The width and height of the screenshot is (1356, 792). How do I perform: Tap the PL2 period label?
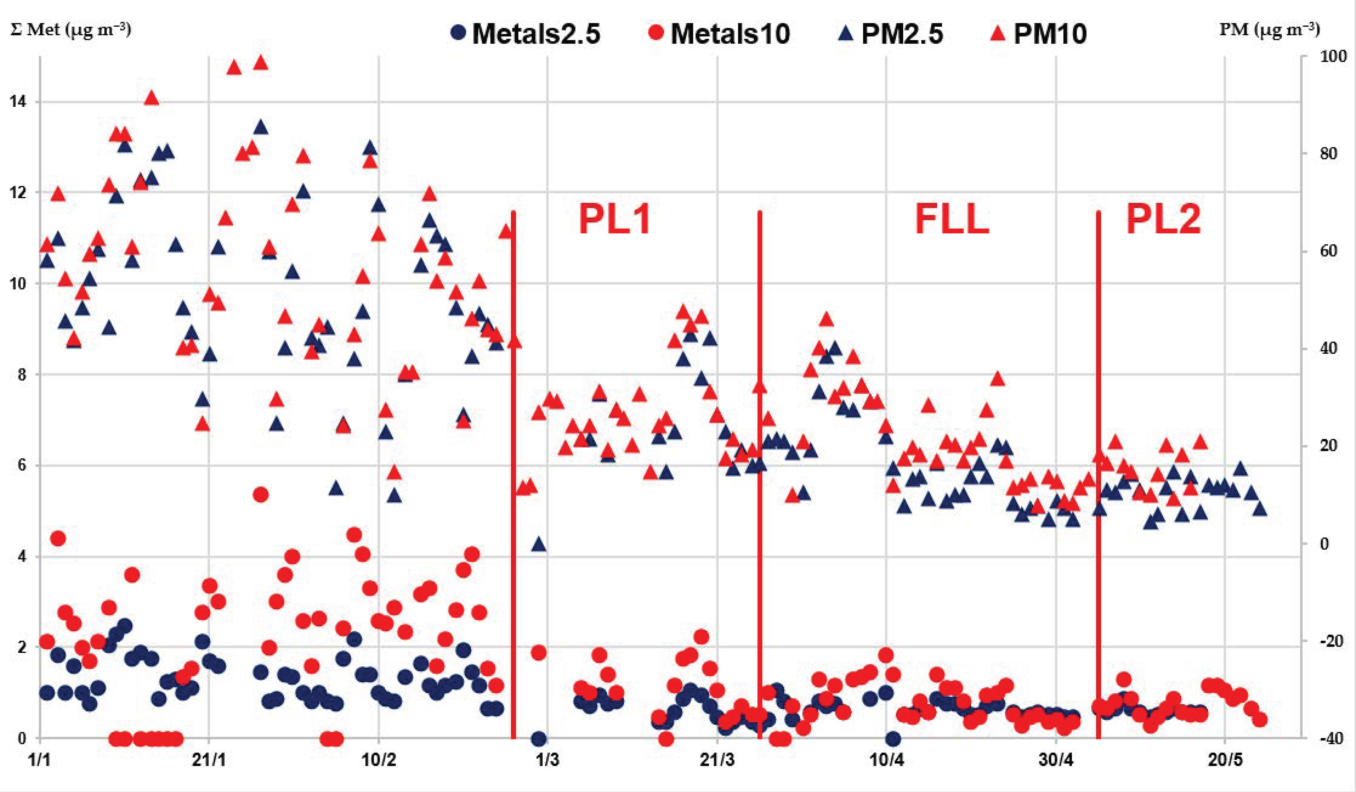click(x=1163, y=220)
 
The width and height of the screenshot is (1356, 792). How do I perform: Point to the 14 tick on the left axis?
click(x=18, y=102)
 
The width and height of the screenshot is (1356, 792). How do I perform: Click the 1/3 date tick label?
click(x=547, y=760)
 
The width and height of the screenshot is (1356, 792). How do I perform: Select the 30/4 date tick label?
click(x=1056, y=760)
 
